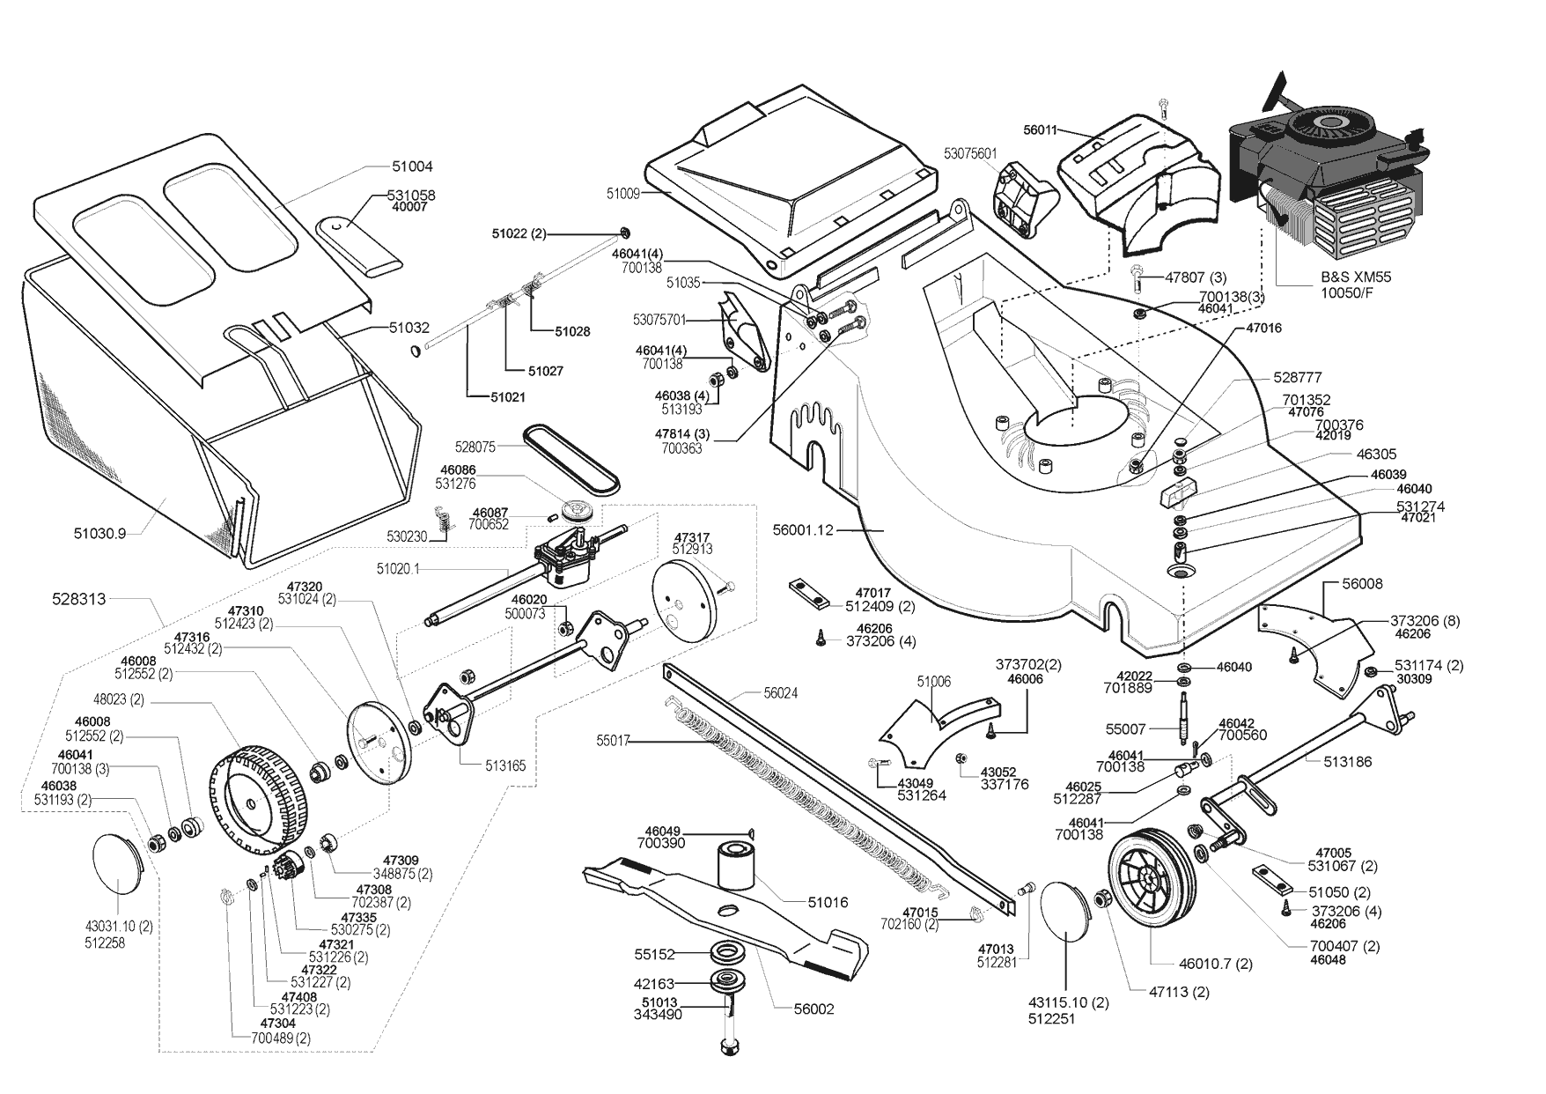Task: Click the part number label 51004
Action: (412, 166)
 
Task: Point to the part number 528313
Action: (78, 599)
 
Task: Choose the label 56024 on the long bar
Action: (780, 694)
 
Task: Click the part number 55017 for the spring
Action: (614, 741)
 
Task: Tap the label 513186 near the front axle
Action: (1347, 762)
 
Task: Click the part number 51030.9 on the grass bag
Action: (99, 533)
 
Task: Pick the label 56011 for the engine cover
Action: (1042, 129)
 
